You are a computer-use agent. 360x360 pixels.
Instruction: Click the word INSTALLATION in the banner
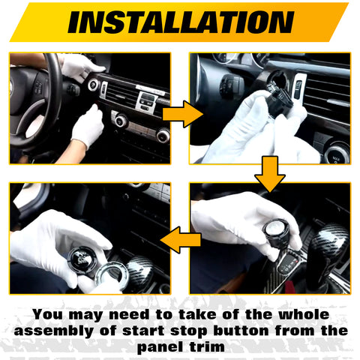[x=179, y=22]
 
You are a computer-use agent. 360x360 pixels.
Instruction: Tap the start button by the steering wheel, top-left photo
[x=93, y=85]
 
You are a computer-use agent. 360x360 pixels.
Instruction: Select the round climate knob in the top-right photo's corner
[x=338, y=153]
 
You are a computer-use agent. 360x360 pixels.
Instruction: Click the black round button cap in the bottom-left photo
[x=81, y=259]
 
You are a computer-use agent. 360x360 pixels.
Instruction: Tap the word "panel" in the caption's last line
[x=160, y=347]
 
